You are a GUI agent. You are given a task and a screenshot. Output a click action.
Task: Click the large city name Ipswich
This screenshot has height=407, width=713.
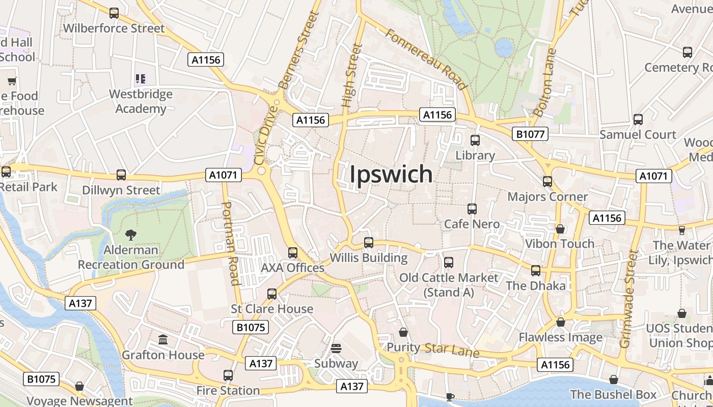[391, 175]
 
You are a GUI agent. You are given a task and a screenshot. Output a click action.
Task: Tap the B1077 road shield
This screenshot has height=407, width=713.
[531, 134]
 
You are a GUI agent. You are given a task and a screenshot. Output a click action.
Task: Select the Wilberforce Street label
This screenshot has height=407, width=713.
[114, 28]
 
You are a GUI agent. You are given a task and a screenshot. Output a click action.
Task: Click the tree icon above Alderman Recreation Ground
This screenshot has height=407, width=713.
[131, 235]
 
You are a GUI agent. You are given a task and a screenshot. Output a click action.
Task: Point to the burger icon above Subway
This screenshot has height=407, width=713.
[336, 348]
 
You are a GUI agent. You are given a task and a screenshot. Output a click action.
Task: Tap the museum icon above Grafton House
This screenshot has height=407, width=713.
[163, 339]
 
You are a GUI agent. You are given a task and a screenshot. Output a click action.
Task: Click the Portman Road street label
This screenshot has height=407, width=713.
[231, 243]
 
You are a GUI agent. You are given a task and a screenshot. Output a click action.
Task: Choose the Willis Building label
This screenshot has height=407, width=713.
[369, 258]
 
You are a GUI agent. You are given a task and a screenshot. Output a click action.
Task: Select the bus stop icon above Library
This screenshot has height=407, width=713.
[475, 140]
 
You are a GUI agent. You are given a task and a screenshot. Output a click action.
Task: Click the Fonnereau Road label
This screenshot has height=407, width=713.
[426, 59]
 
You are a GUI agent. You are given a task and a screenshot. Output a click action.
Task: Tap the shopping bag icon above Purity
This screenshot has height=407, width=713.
[403, 332]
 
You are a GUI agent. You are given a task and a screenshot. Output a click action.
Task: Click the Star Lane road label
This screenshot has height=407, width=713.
[452, 350]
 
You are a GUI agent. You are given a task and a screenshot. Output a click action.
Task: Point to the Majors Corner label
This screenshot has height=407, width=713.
[547, 197]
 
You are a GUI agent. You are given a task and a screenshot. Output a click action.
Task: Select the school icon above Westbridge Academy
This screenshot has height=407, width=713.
[141, 79]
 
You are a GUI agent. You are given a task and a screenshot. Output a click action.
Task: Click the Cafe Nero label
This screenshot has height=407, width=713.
[472, 224]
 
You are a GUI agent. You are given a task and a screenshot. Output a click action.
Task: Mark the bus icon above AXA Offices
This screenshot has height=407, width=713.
[293, 252]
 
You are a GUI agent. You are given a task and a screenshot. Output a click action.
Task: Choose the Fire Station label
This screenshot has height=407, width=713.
[228, 391]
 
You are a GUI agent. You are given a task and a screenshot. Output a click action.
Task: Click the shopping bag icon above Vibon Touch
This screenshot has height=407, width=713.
[560, 229]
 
